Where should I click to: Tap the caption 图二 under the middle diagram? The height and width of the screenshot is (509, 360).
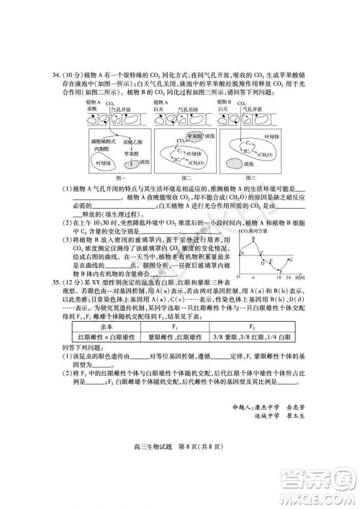tap(185, 177)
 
